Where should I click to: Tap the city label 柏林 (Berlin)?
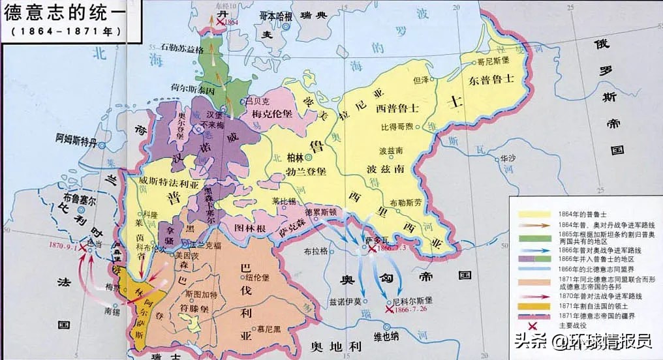[x=295, y=157]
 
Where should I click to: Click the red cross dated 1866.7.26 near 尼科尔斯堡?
[x=389, y=310]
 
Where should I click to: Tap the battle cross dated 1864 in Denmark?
[x=223, y=22]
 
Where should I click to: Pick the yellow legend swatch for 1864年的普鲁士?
[x=533, y=213]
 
